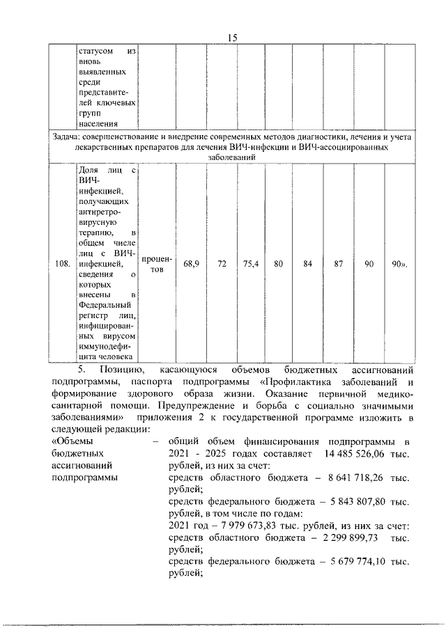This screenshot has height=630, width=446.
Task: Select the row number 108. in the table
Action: [62, 264]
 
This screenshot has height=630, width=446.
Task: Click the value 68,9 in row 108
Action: [192, 264]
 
